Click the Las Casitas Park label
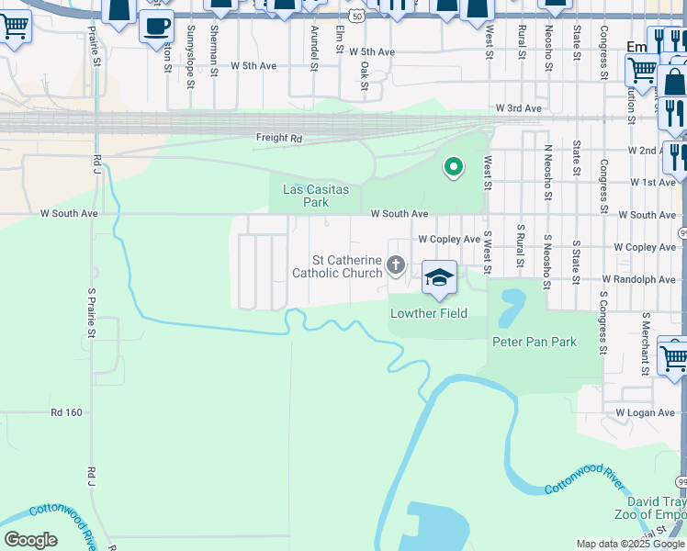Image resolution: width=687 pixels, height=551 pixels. tap(304, 195)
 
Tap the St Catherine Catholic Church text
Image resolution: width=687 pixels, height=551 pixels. tap(336, 266)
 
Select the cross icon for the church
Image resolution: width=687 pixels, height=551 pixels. tap(396, 266)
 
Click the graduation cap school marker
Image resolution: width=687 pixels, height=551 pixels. tap(440, 278)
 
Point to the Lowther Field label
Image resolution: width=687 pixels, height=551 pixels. tap(429, 313)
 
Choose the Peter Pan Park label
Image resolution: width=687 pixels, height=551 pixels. tap(535, 342)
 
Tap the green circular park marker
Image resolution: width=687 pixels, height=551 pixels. tap(453, 167)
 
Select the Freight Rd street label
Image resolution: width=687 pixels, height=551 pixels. tap(278, 139)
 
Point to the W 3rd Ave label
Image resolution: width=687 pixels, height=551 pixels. tap(518, 108)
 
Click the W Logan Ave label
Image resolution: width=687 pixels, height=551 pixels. tap(646, 413)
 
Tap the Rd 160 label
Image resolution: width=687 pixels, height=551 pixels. tap(67, 412)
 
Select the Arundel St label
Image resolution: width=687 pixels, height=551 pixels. tap(314, 48)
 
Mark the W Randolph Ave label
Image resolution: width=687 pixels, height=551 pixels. tap(638, 279)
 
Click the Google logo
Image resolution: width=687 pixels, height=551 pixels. tap(31, 540)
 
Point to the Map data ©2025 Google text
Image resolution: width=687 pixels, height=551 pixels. tap(630, 544)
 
